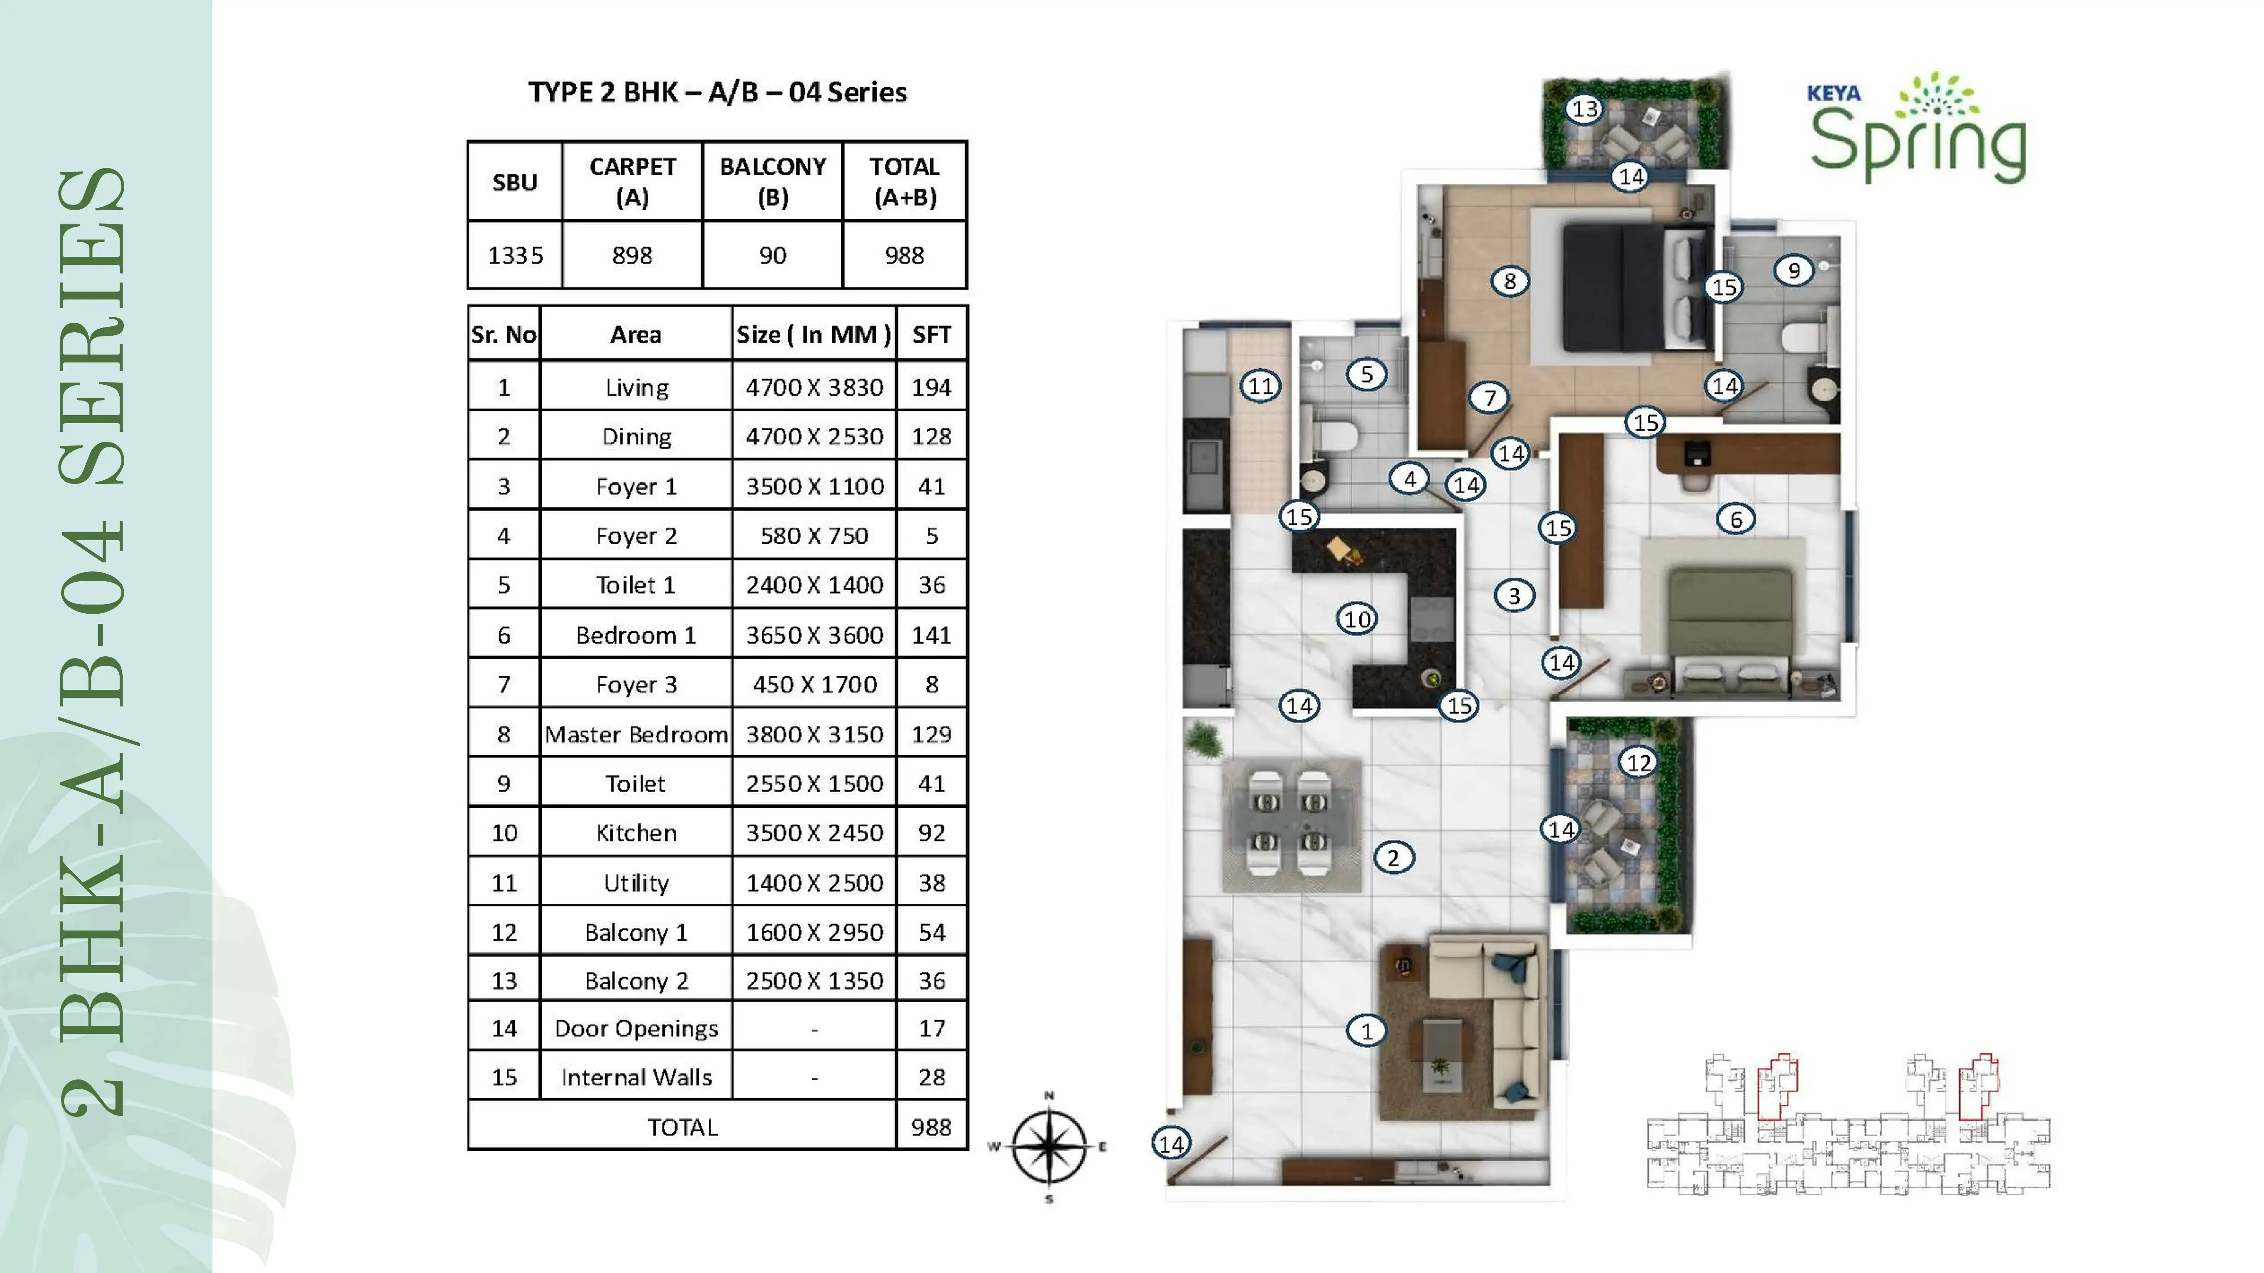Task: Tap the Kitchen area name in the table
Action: (636, 833)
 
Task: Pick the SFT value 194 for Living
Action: (932, 387)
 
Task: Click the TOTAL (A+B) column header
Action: (904, 182)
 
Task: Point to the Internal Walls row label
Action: (636, 1077)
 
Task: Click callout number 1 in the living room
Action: (1366, 1030)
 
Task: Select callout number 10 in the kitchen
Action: (1357, 619)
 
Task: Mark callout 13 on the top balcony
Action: (1585, 109)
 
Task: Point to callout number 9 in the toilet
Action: (1794, 270)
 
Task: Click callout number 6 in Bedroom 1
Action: (1736, 519)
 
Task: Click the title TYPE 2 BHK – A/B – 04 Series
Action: (717, 92)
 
